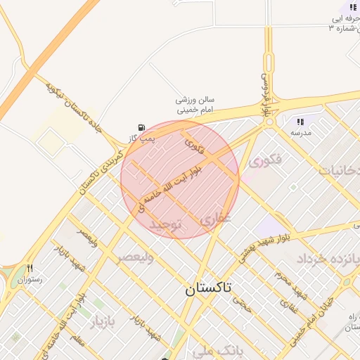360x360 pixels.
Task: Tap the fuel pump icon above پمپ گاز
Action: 143,128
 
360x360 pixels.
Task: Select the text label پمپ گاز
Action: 142,139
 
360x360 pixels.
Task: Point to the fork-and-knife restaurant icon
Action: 30,268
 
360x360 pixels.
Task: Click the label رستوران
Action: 30,279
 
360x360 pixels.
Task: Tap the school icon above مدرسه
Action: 301,122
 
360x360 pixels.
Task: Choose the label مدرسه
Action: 301,132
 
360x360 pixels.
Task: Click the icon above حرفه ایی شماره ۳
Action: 353,8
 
